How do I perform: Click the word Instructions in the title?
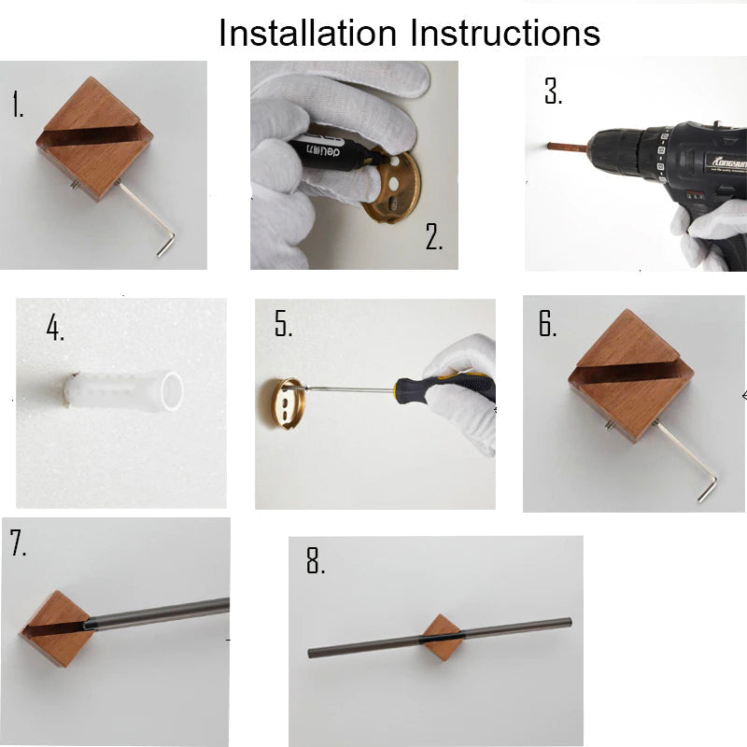pyautogui.click(x=505, y=33)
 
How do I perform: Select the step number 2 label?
pyautogui.click(x=434, y=237)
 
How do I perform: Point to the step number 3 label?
pyautogui.click(x=553, y=92)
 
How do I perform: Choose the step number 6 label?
pyautogui.click(x=547, y=323)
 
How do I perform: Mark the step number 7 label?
pyautogui.click(x=19, y=544)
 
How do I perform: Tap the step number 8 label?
pyautogui.click(x=316, y=561)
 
